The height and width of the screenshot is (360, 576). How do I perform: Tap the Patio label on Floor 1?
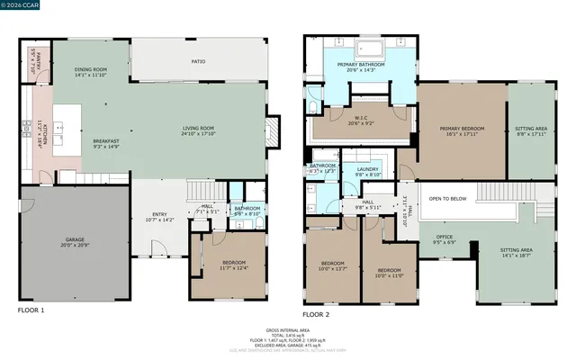199,61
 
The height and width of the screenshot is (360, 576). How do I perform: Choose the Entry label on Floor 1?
158,216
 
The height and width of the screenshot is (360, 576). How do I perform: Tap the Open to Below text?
447,198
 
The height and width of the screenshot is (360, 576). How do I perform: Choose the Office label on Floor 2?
445,239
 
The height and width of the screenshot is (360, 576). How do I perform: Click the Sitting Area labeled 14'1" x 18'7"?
516,253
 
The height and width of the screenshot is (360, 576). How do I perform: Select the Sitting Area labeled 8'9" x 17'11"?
533,131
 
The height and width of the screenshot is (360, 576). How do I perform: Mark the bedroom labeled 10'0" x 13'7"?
332,265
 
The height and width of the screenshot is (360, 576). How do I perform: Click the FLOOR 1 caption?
31,310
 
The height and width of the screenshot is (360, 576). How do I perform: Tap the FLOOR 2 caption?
315,315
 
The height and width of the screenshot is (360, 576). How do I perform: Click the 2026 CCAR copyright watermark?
20,5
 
